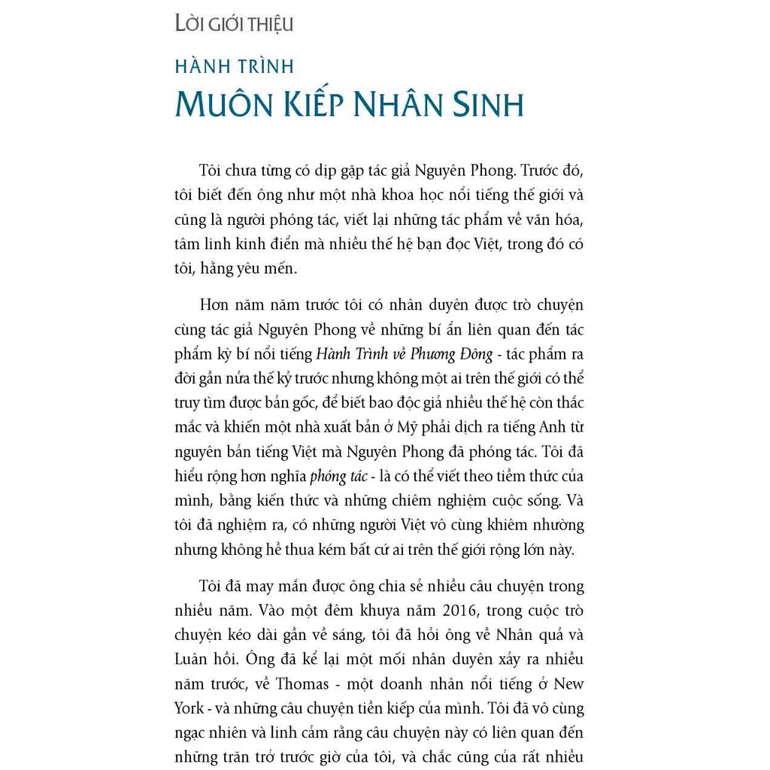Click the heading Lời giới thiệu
[x=234, y=24]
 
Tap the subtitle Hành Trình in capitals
[x=234, y=66]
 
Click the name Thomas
[x=302, y=684]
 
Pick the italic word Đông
[x=474, y=354]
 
